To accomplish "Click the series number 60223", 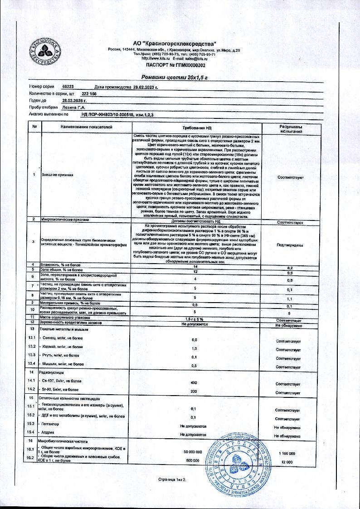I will [x=68, y=86].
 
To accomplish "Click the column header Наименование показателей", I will [x=86, y=127].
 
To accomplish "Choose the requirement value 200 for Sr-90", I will [x=194, y=391].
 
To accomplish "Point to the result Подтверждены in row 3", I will [x=291, y=245].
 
